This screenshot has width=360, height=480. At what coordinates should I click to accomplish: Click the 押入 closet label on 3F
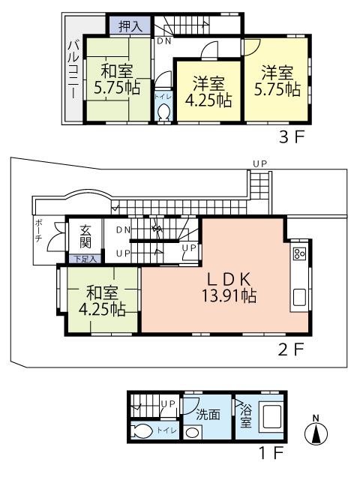[x=130, y=26]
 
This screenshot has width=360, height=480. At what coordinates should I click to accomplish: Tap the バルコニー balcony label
[x=73, y=70]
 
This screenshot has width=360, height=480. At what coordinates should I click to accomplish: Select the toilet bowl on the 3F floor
[x=163, y=112]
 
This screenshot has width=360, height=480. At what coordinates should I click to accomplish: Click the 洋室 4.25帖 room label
[x=208, y=91]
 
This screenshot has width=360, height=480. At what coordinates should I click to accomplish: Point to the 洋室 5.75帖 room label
[x=277, y=81]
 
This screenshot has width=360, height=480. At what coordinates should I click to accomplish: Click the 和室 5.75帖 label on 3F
[x=117, y=79]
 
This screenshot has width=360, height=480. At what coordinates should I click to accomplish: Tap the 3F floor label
[x=292, y=138]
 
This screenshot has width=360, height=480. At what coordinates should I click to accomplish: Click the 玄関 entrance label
[x=85, y=237]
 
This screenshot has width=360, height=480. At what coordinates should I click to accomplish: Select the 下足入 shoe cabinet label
[x=85, y=259]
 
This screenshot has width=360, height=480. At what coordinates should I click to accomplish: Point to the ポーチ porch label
[x=38, y=230]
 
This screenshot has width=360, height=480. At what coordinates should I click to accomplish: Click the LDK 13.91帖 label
[x=229, y=287]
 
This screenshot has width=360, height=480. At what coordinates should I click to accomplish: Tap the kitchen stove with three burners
[x=299, y=253]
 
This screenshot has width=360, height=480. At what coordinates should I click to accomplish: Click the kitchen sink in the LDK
[x=300, y=297]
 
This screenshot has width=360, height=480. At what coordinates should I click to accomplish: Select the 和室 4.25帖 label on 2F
[x=102, y=301]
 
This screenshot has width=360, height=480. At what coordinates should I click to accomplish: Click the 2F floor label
[x=291, y=349]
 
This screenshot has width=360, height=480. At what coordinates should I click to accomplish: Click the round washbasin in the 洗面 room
[x=193, y=433]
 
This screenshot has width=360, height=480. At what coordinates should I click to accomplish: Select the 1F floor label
[x=271, y=453]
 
